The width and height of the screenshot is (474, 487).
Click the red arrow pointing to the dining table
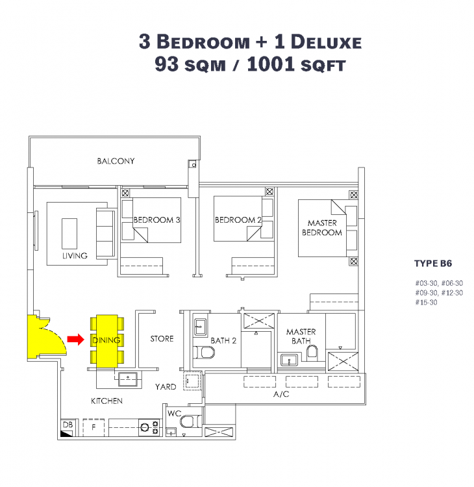pyautogui.click(x=76, y=338)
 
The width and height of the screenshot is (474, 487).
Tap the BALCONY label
pyautogui.click(x=116, y=161)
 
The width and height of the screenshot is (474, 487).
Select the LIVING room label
pyautogui.click(x=75, y=256)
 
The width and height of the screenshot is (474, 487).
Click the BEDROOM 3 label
pyautogui.click(x=156, y=220)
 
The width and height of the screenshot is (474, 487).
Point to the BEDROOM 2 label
pyautogui.click(x=238, y=220)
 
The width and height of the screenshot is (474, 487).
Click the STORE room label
pyautogui.click(x=162, y=339)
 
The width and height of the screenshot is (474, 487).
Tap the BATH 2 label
pyautogui.click(x=222, y=340)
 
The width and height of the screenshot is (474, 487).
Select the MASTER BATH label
pyautogui.click(x=301, y=336)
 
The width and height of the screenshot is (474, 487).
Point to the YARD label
pyautogui.click(x=165, y=387)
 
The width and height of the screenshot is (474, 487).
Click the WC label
pyautogui.click(x=174, y=413)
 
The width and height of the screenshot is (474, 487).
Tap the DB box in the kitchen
pyautogui.click(x=68, y=425)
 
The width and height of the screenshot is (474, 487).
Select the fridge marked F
pyautogui.click(x=94, y=427)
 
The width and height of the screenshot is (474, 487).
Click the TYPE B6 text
pyautogui.click(x=432, y=264)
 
